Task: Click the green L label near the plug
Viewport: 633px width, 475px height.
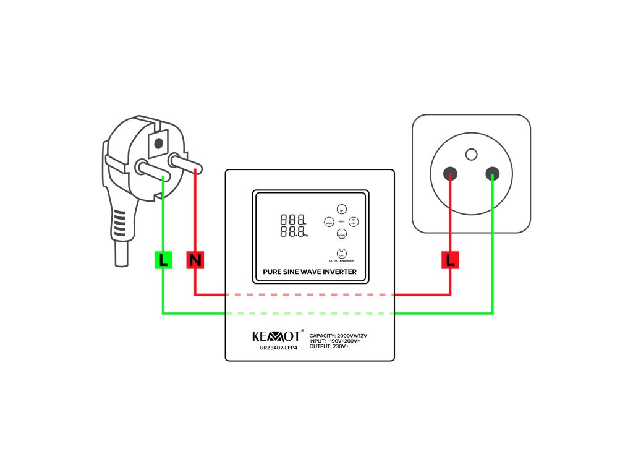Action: click(x=163, y=260)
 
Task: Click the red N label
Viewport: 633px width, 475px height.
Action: click(x=195, y=260)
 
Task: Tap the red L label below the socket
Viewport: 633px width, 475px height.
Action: click(x=450, y=260)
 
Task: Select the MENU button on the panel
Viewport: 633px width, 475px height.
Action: click(x=329, y=221)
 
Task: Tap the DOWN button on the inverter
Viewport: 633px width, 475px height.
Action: click(x=341, y=234)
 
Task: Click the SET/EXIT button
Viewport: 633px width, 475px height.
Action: click(x=354, y=221)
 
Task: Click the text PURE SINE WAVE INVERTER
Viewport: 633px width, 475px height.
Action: click(x=310, y=272)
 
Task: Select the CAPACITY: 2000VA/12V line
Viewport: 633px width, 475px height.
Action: click(x=342, y=335)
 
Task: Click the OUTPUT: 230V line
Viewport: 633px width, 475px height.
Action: click(x=329, y=346)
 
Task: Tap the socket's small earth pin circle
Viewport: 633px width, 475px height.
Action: click(x=472, y=154)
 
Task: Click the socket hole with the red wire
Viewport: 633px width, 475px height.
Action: click(x=451, y=173)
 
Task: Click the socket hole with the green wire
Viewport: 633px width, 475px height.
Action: click(x=492, y=173)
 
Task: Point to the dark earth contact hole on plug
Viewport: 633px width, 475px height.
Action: click(x=158, y=143)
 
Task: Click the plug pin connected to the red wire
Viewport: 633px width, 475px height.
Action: click(x=185, y=164)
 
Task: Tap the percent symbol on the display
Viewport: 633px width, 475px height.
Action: click(x=305, y=235)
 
